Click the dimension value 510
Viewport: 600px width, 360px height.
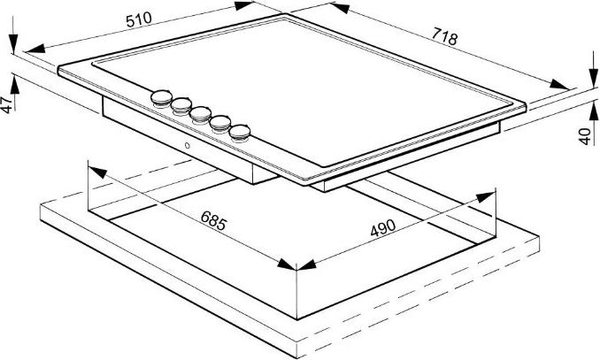pyautogui.click(x=139, y=19)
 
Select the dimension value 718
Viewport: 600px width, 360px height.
pyautogui.click(x=444, y=37)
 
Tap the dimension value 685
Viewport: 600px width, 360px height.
pyautogui.click(x=213, y=221)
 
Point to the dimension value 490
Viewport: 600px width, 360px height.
pyautogui.click(x=382, y=227)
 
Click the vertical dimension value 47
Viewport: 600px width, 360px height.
pyautogui.click(x=6, y=105)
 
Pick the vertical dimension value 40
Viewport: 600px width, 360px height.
pyautogui.click(x=584, y=136)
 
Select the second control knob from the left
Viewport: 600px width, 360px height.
pyautogui.click(x=181, y=106)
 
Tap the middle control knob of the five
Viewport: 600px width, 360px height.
pyautogui.click(x=201, y=115)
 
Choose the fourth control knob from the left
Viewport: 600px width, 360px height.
pyautogui.click(x=220, y=124)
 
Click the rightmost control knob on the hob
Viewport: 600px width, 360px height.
pyautogui.click(x=240, y=134)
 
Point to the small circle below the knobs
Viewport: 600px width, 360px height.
pyautogui.click(x=187, y=145)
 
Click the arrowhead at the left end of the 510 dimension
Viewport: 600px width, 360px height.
pyautogui.click(x=35, y=49)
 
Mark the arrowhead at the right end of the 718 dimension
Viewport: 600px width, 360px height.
pyautogui.click(x=559, y=84)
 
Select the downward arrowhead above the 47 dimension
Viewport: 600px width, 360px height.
pyautogui.click(x=13, y=43)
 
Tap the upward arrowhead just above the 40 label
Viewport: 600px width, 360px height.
pyautogui.click(x=594, y=112)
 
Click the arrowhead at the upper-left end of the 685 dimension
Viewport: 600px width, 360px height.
pyautogui.click(x=98, y=172)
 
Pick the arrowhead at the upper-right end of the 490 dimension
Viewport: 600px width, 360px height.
pyautogui.click(x=487, y=197)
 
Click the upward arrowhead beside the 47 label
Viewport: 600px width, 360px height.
pyautogui.click(x=14, y=85)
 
